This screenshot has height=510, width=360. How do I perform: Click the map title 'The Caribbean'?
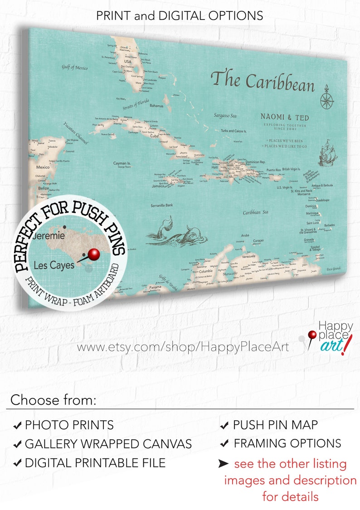[263, 81]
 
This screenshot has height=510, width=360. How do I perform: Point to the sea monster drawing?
[177, 233]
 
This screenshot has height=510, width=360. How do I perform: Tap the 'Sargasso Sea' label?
[225, 116]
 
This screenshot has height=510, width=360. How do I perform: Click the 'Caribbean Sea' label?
[255, 212]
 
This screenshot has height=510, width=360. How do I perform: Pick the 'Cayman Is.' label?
[122, 162]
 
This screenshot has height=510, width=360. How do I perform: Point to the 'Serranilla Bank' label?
[161, 205]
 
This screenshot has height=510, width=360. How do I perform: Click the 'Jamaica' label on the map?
[158, 186]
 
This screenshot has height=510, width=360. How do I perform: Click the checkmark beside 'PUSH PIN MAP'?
[224, 426]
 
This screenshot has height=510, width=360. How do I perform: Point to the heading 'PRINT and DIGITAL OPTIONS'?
[180, 15]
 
